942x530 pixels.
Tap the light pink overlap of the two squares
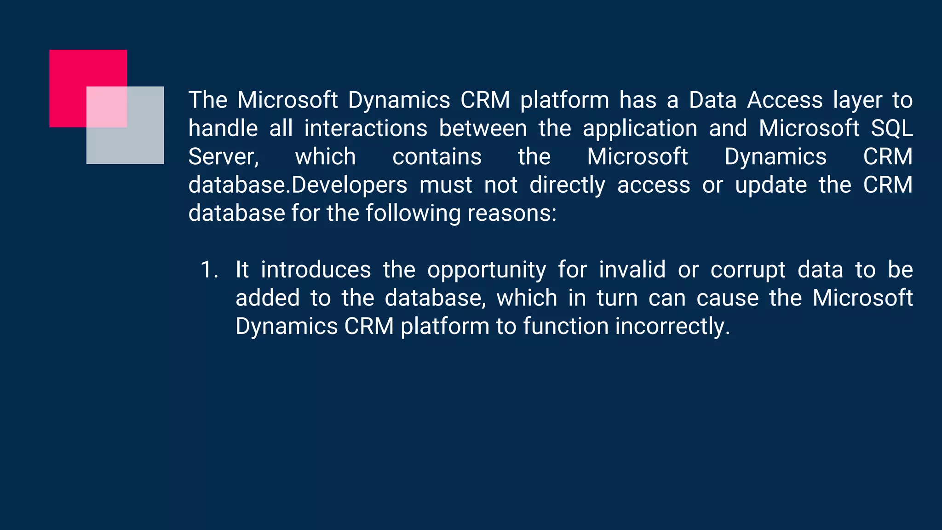107,107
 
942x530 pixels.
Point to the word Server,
224,157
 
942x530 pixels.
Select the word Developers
350,185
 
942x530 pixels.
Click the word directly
567,185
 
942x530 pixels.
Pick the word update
771,185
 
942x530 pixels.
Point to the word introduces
316,270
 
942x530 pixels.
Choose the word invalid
632,270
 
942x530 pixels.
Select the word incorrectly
672,327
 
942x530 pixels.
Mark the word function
566,327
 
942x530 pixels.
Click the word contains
437,157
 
